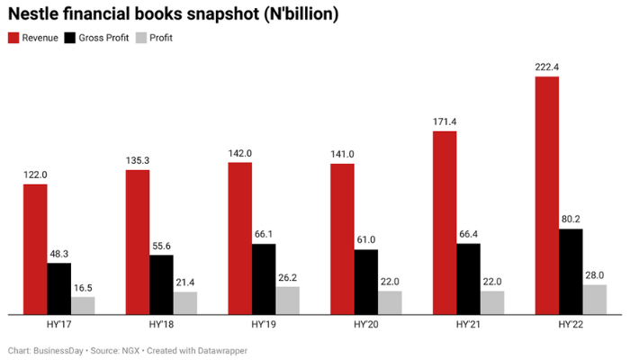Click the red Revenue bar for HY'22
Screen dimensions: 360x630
tap(546, 195)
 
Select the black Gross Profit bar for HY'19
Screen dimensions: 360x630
tap(264, 279)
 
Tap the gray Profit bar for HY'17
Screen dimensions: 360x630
tap(84, 305)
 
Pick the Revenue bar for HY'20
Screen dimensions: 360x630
tap(342, 239)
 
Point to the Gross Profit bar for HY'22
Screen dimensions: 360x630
tap(571, 271)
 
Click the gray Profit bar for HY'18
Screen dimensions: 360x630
tap(185, 302)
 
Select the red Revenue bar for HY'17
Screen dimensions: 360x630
tap(35, 249)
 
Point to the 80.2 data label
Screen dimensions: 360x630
tap(571, 219)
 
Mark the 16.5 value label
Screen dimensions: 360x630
tap(84, 287)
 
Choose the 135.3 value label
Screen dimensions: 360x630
tap(138, 160)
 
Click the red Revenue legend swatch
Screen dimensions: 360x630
tap(13, 38)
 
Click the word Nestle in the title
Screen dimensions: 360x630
tap(37, 13)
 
